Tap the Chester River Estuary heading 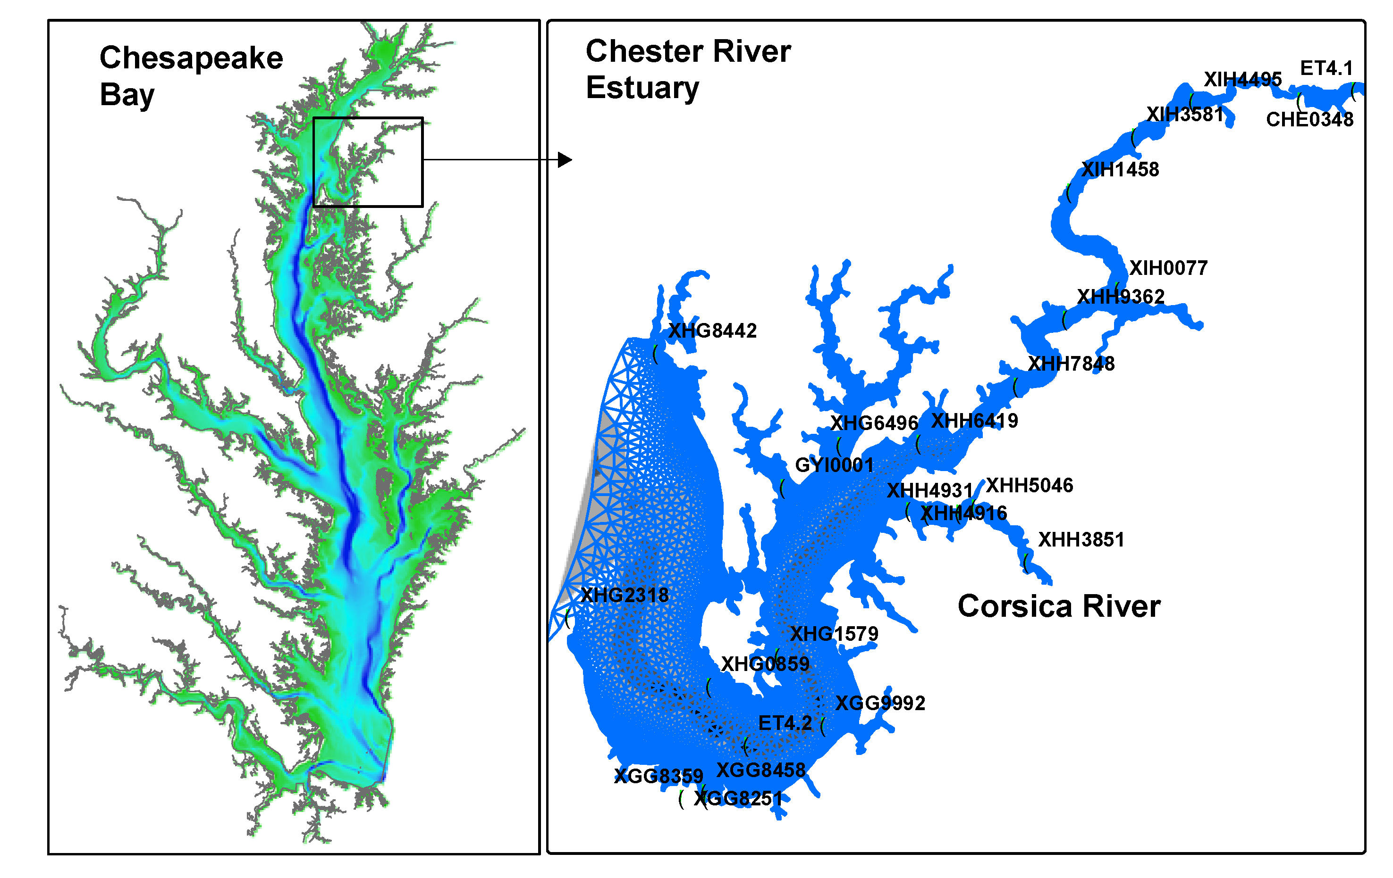point(687,69)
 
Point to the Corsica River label point(1059,606)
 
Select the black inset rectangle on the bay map point(368,118)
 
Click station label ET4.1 point(1326,68)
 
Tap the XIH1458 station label point(1120,169)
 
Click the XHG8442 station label point(712,331)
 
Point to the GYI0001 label point(834,465)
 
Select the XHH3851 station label point(1081,539)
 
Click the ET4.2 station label point(785,723)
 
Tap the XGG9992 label point(880,703)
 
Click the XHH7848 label point(1071,364)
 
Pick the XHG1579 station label point(834,633)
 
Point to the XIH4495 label point(1242,79)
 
